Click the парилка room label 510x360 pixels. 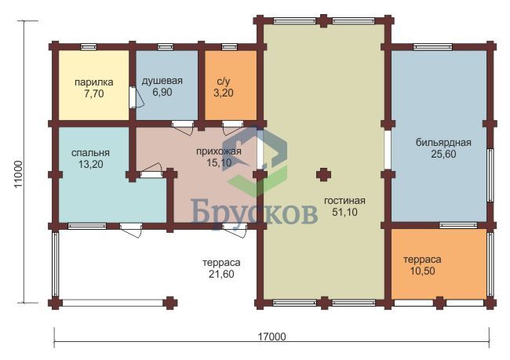point(94,82)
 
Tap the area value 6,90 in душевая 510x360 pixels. point(162,92)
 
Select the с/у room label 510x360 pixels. point(223,82)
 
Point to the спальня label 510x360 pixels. point(90,152)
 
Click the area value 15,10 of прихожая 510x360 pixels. point(219,162)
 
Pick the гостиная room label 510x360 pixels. point(344,200)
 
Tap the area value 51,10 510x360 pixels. point(344,212)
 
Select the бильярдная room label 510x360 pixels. point(443,143)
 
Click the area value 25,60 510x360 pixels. point(443,154)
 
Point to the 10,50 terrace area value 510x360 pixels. point(422,271)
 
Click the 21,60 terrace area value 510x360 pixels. point(221,275)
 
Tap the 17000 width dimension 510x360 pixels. point(272,336)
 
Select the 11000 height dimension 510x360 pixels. point(18,173)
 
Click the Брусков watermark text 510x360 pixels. point(254,212)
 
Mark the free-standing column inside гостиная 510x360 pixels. point(323,175)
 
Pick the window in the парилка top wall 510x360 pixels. point(89,47)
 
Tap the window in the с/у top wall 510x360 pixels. point(229,47)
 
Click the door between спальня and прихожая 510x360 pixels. point(151,172)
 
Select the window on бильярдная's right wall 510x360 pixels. point(490,175)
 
